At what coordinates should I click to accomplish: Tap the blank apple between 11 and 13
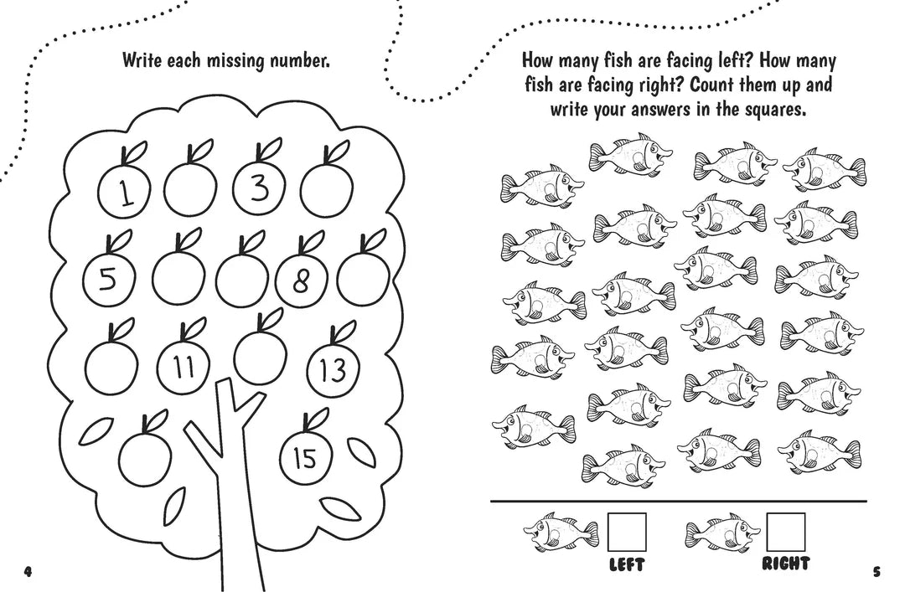click(x=260, y=356)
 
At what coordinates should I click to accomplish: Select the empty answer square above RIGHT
click(x=786, y=532)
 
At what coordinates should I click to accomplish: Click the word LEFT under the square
click(x=626, y=566)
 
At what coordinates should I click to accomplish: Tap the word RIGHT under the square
click(x=786, y=564)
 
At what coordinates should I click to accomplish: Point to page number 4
click(x=28, y=572)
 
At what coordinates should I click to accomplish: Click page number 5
click(x=877, y=572)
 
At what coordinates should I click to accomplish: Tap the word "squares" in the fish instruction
click(x=763, y=109)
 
